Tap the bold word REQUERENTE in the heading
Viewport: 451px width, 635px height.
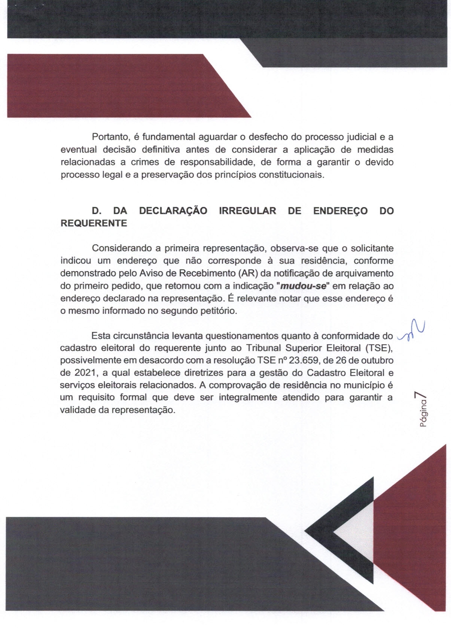click(94, 223)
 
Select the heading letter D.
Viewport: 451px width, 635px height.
click(96, 211)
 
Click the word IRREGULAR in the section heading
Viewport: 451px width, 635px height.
click(247, 211)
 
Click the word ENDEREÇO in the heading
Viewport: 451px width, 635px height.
click(340, 211)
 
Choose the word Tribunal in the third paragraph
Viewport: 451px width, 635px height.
click(263, 348)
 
